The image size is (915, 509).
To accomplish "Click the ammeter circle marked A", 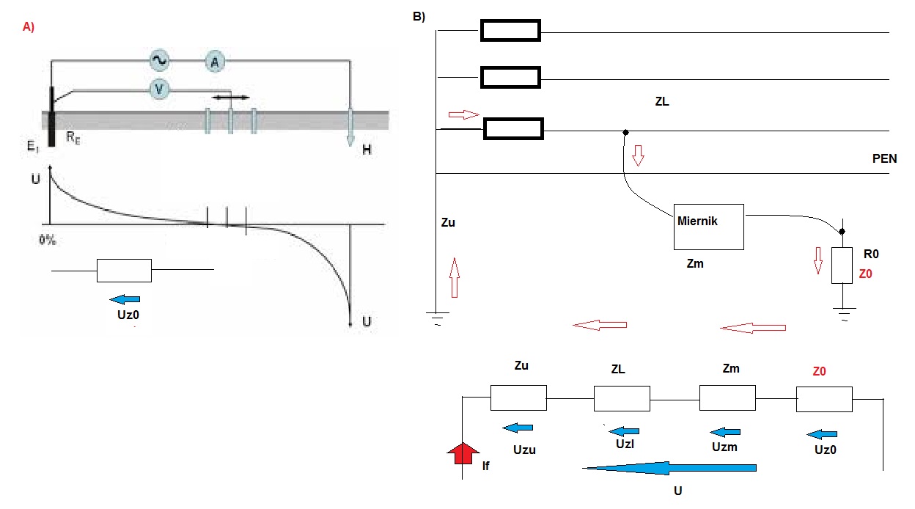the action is pos(215,62).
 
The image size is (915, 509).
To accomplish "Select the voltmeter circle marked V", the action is pos(159,89).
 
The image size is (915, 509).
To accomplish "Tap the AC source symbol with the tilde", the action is pos(159,60).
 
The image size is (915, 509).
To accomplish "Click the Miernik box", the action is pos(709,227).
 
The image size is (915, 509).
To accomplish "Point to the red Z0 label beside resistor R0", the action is pos(866,274).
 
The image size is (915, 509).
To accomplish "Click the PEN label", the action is pos(884,158).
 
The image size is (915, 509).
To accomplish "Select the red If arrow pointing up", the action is pos(463,453).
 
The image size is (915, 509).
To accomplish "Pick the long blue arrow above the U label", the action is pos(669,468).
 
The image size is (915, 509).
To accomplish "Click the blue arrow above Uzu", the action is pos(518,428).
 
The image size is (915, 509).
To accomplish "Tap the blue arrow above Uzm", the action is pos(725,432).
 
